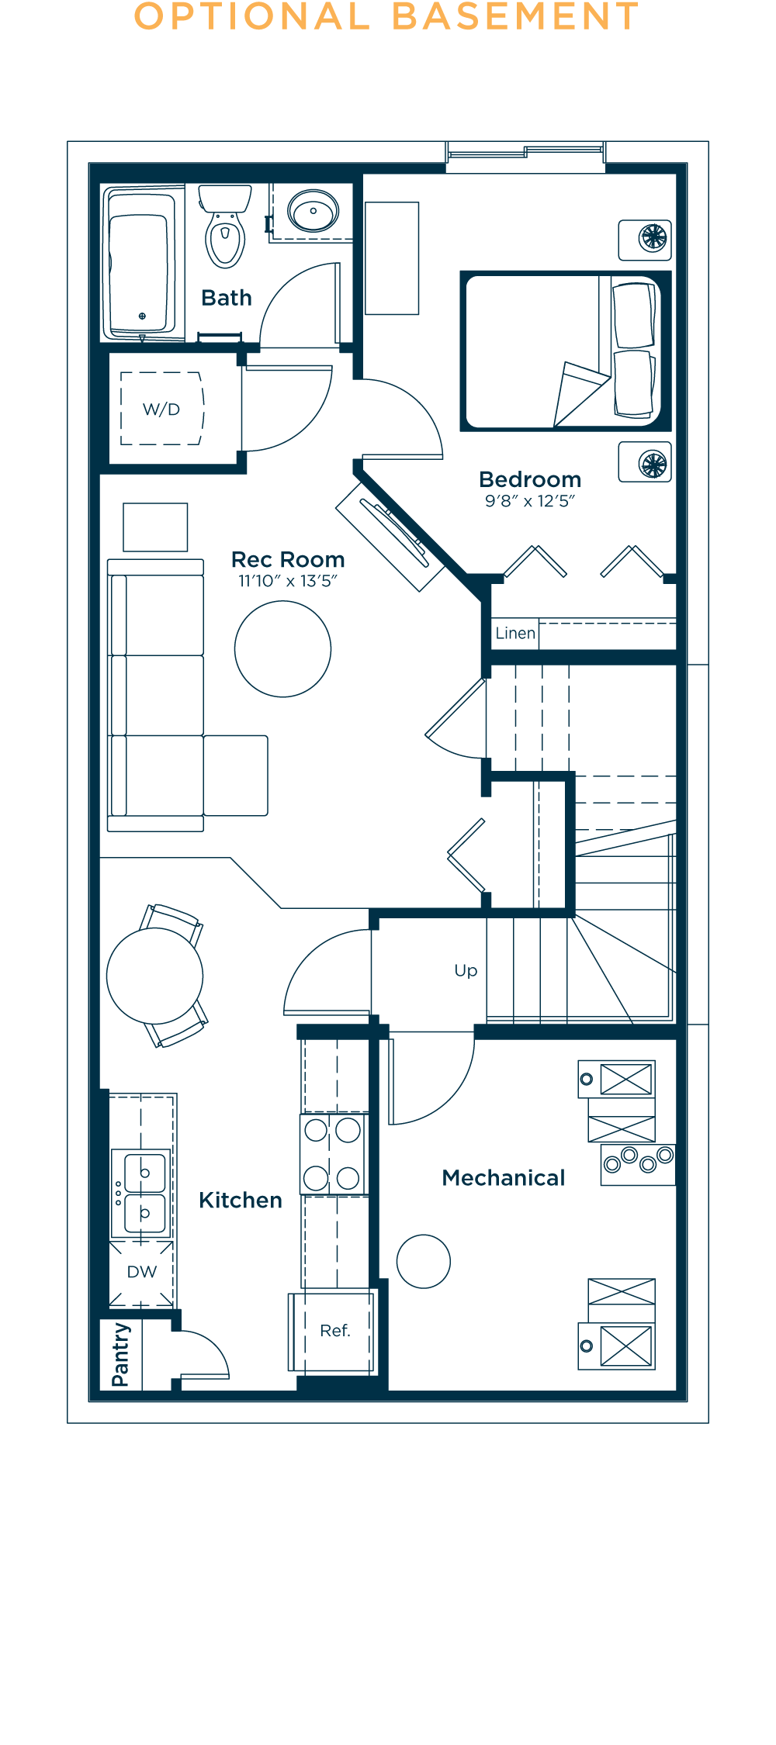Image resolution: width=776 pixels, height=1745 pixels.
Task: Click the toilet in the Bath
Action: click(x=225, y=226)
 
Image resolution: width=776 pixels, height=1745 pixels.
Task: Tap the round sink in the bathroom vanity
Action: click(x=313, y=211)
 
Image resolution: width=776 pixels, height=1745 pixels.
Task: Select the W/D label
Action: click(x=161, y=409)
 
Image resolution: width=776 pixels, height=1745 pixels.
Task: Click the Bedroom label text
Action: click(x=530, y=479)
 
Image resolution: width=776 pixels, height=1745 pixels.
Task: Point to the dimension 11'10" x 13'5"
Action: click(x=288, y=581)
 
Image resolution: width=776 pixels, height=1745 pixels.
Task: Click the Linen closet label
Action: click(x=515, y=633)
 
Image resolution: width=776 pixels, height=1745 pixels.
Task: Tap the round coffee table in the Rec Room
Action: click(x=282, y=649)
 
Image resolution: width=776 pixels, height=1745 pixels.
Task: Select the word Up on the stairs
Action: click(x=466, y=971)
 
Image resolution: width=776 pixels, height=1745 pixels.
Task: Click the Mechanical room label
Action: click(x=504, y=1178)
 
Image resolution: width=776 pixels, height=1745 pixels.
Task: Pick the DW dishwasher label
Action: click(x=142, y=1272)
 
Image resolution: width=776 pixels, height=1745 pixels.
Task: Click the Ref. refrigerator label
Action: click(x=335, y=1331)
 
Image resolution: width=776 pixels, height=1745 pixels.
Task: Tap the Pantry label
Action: click(x=121, y=1355)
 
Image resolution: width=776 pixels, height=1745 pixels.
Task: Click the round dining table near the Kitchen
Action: click(x=154, y=976)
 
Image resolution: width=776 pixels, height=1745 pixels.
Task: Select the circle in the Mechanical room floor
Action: click(x=423, y=1262)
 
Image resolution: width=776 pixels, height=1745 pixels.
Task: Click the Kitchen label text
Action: click(x=241, y=1201)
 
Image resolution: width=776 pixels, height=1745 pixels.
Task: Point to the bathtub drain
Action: click(x=142, y=316)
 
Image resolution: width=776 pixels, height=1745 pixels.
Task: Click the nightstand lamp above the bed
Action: click(x=653, y=238)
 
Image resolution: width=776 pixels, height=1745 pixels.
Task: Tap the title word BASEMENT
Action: click(x=516, y=17)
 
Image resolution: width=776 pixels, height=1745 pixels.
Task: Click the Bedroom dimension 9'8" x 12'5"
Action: click(x=530, y=501)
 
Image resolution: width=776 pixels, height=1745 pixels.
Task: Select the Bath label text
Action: click(x=227, y=298)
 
